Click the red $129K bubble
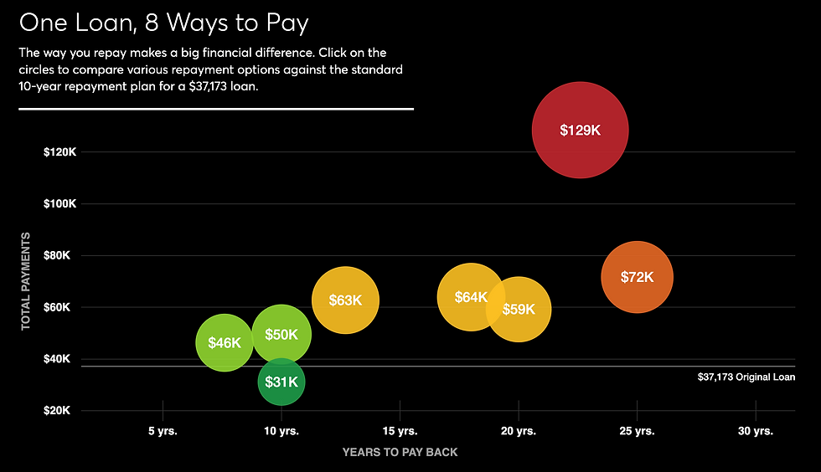[x=580, y=130]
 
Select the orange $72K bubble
[x=637, y=277]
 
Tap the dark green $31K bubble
[x=281, y=382]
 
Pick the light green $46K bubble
[x=224, y=342]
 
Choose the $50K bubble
[x=281, y=334]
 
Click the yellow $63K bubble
[x=345, y=300]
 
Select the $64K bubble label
[x=470, y=297]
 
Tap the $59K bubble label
[x=519, y=309]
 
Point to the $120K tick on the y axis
[x=60, y=152]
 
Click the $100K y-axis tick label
[x=60, y=204]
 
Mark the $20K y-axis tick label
[x=63, y=411]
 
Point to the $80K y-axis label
[x=63, y=256]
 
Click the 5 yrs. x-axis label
[x=163, y=431]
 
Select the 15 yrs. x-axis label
[x=400, y=431]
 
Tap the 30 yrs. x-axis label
[x=756, y=431]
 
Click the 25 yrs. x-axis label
[x=637, y=431]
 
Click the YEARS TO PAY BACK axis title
[x=400, y=452]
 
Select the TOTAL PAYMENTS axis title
[x=26, y=281]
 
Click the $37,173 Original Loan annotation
[x=746, y=377]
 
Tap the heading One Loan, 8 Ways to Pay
[x=163, y=22]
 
